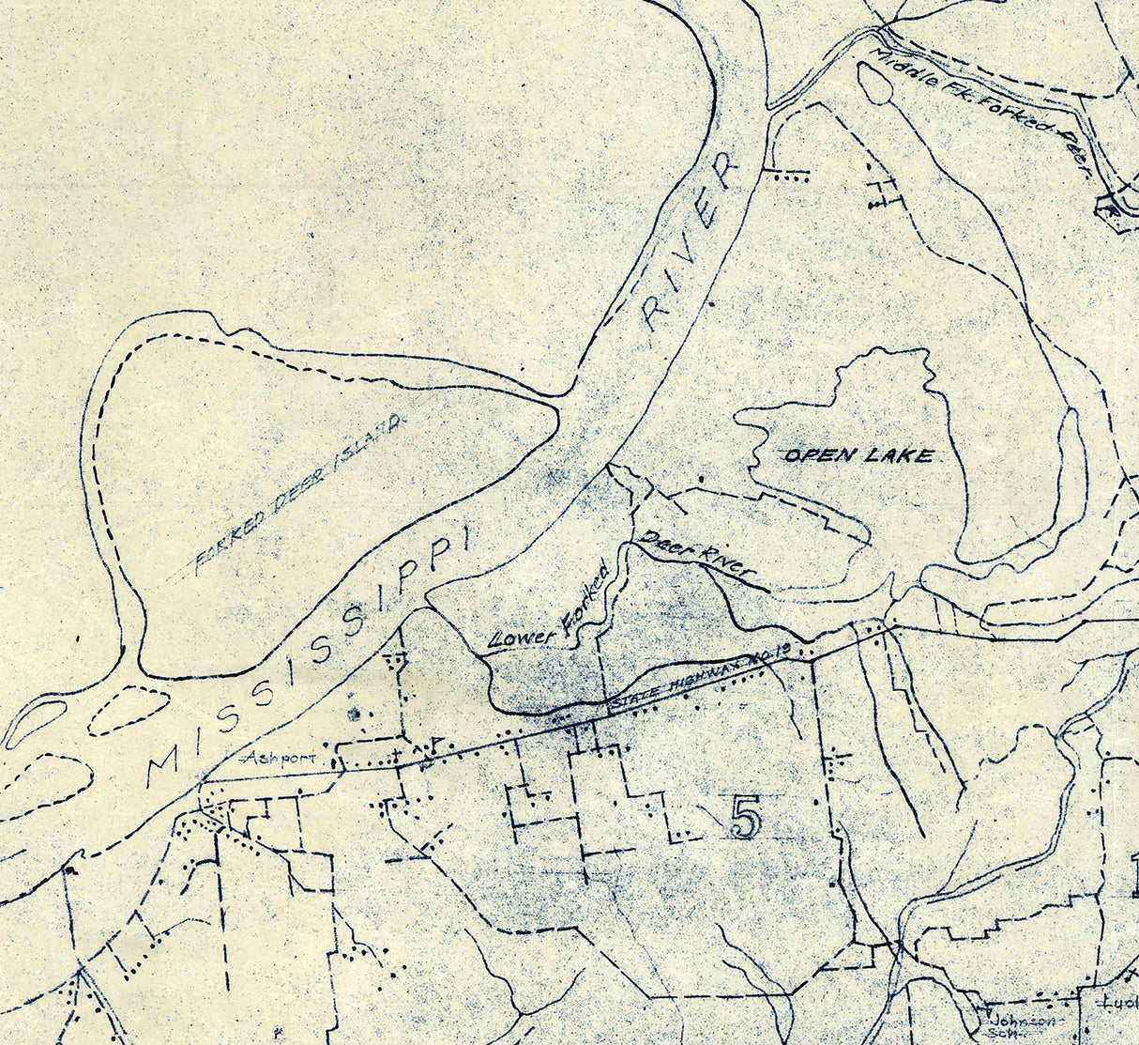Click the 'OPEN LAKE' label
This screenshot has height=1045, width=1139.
pyautogui.click(x=858, y=455)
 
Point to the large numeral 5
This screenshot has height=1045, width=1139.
pyautogui.click(x=743, y=819)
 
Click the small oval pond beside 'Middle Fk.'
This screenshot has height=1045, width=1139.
pyautogui.click(x=875, y=85)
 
